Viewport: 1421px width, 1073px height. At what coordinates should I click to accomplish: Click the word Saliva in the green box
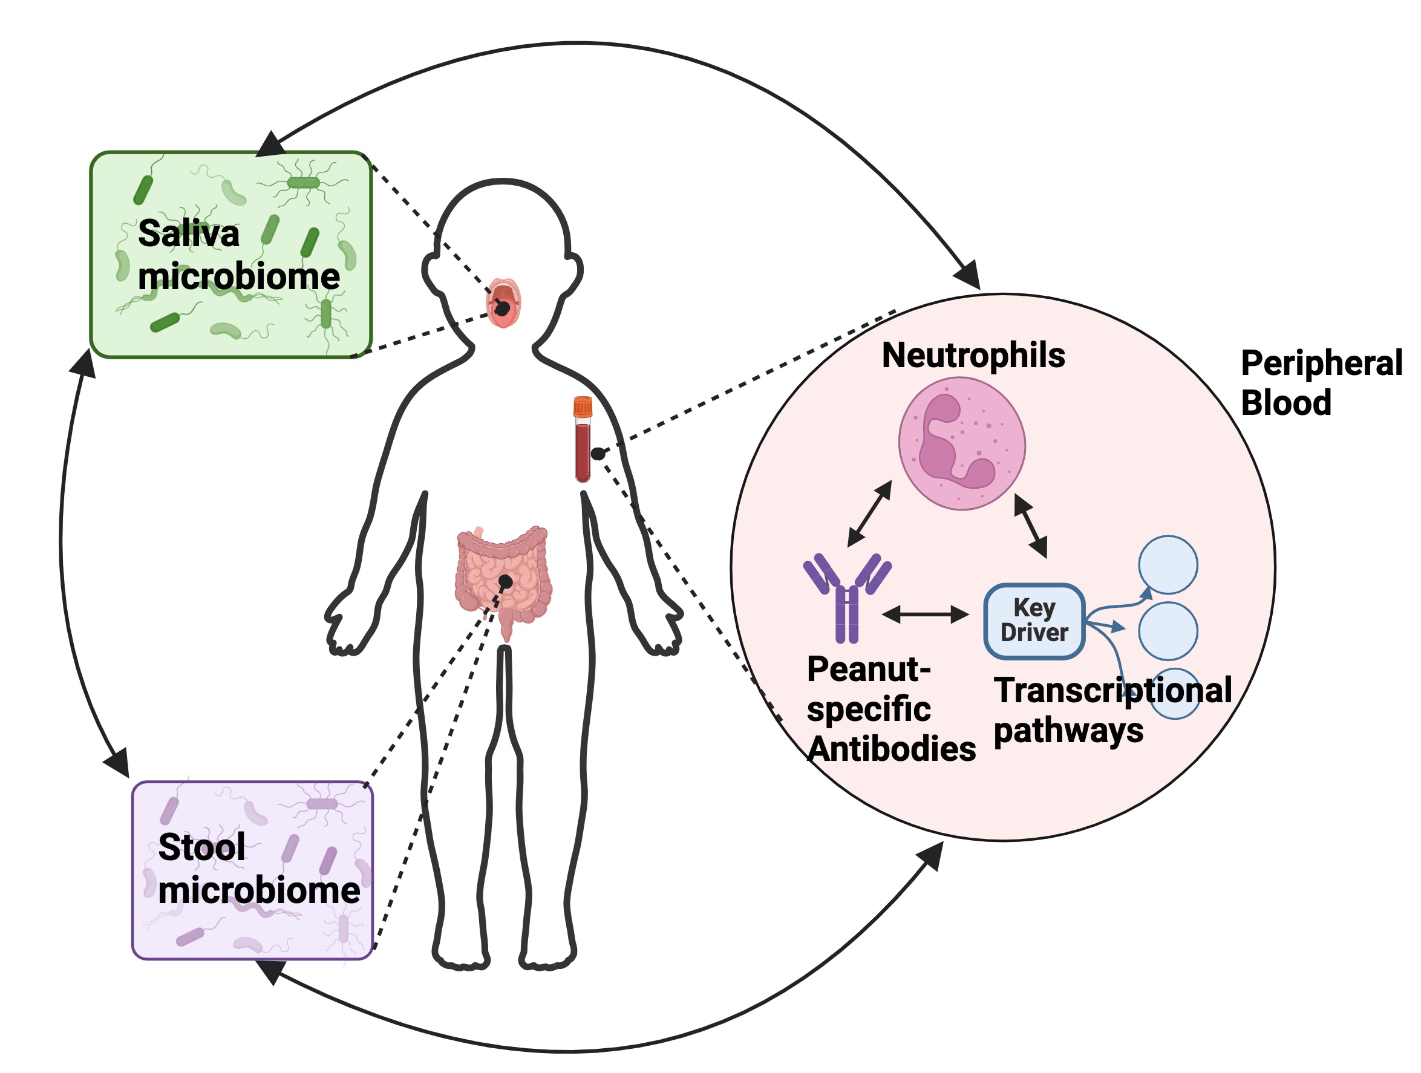pos(188,233)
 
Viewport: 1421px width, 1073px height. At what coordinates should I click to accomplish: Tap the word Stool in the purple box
pos(201,847)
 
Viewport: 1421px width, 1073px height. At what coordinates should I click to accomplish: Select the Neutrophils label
pos(973,355)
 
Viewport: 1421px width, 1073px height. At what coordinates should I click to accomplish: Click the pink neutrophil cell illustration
pos(962,444)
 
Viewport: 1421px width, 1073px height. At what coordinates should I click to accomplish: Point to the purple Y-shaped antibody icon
pos(848,596)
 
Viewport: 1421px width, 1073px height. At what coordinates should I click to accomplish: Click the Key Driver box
pos(1034,621)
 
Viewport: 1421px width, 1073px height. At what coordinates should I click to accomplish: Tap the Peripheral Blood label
pos(1320,383)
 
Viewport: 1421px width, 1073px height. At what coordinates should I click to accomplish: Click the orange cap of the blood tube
pos(583,406)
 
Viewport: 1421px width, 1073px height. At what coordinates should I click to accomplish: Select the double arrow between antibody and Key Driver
pos(926,615)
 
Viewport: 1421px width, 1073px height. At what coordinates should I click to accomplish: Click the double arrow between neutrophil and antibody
pos(870,514)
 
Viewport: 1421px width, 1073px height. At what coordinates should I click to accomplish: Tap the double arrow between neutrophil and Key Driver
pos(1030,525)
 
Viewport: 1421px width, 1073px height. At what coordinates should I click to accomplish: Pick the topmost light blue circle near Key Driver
pos(1168,564)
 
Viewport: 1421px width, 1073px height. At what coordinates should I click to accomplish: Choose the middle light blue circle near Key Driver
pos(1168,631)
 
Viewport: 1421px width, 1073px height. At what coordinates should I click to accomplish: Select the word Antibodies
pos(892,749)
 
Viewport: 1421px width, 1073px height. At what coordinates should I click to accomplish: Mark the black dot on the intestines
pos(506,582)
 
